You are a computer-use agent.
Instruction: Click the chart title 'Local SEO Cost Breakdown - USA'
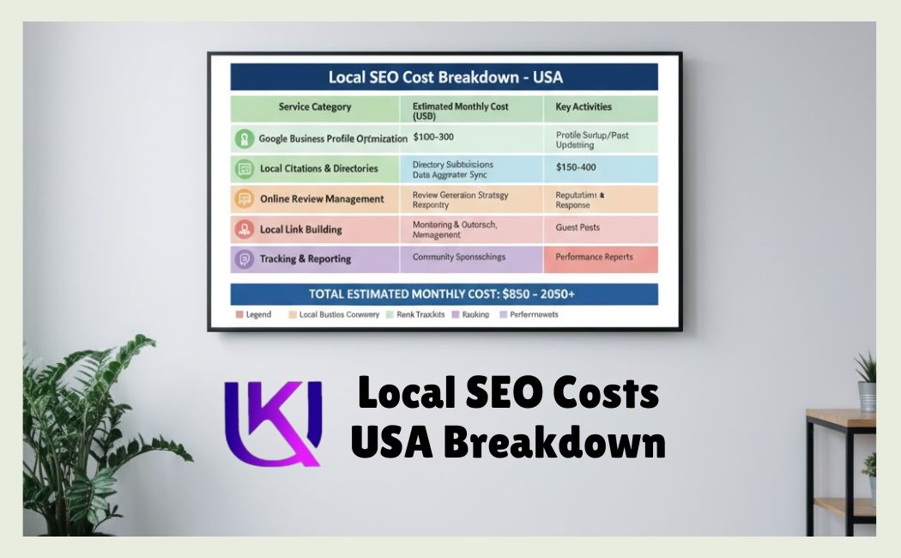click(444, 77)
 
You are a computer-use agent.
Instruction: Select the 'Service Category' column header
click(314, 107)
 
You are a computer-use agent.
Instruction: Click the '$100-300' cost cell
click(435, 137)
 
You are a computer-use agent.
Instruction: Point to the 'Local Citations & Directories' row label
click(318, 168)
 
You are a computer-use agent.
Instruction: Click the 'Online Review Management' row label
click(322, 199)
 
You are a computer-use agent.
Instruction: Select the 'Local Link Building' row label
click(300, 229)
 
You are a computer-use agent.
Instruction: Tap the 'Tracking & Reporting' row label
click(305, 259)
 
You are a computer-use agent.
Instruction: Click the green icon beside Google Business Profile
click(245, 138)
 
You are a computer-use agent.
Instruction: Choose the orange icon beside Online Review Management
click(245, 199)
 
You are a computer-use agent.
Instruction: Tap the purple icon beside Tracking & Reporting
click(245, 259)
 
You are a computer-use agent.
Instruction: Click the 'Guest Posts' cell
click(577, 227)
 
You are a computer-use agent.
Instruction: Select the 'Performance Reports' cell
click(594, 257)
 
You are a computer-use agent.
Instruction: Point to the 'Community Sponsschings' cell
click(458, 257)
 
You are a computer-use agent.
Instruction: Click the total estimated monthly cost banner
click(444, 294)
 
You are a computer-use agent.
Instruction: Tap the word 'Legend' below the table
click(258, 315)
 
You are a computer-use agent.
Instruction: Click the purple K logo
click(272, 422)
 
